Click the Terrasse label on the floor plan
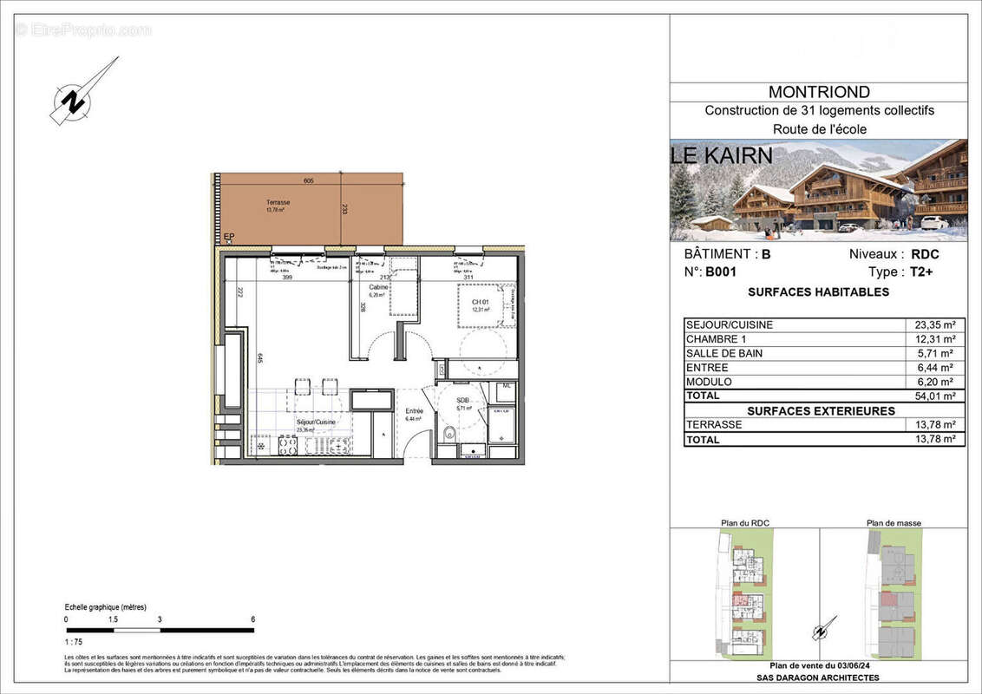click(278, 202)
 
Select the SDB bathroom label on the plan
click(462, 400)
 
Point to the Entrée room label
click(414, 410)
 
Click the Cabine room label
click(378, 287)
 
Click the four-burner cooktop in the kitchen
click(288, 445)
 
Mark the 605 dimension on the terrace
click(309, 181)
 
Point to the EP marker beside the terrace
click(229, 236)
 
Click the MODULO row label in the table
click(709, 382)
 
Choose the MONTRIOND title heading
click(819, 92)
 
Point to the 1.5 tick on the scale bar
click(113, 619)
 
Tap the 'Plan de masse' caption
click(894, 523)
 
